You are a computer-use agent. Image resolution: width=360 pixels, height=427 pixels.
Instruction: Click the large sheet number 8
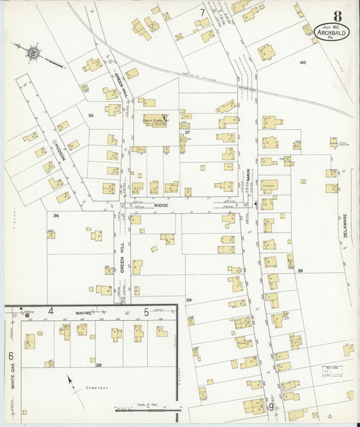pyautogui.click(x=336, y=16)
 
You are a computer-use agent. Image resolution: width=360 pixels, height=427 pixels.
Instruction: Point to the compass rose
pyautogui.click(x=30, y=50)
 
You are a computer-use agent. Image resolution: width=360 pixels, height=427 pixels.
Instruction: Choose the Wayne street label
pyautogui.click(x=83, y=313)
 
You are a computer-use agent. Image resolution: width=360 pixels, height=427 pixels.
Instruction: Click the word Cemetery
pyautogui.click(x=96, y=388)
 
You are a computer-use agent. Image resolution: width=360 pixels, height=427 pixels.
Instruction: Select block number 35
pyautogui.click(x=91, y=116)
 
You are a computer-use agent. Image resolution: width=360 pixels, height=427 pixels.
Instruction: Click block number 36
pyautogui.click(x=57, y=216)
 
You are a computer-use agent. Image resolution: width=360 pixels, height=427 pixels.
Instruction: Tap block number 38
pyautogui.click(x=189, y=299)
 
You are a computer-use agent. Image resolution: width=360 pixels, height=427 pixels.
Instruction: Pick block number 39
pyautogui.click(x=299, y=270)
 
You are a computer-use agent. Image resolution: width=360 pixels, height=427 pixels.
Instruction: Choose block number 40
pyautogui.click(x=303, y=62)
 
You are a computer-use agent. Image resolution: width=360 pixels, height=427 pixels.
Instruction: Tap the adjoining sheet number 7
pyautogui.click(x=202, y=12)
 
